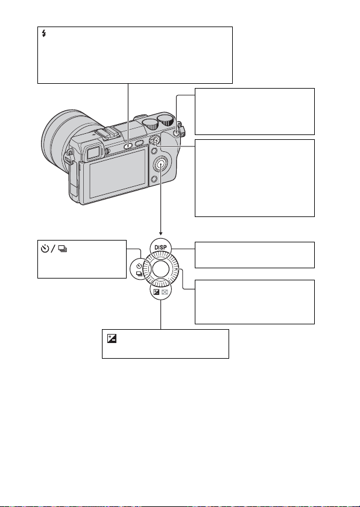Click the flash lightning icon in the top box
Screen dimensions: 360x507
(x=44, y=33)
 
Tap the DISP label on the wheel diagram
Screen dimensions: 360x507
(x=160, y=248)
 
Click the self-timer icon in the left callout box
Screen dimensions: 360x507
(x=45, y=248)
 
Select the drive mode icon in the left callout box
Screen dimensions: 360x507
(x=63, y=249)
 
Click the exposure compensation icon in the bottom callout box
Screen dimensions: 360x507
(x=112, y=339)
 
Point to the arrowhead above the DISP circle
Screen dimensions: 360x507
(x=161, y=233)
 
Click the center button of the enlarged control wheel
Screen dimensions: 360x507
(x=161, y=269)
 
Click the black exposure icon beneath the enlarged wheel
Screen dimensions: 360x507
(x=157, y=291)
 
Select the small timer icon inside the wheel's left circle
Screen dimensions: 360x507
(x=139, y=266)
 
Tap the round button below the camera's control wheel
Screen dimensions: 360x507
(x=154, y=178)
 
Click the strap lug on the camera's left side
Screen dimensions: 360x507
(x=68, y=157)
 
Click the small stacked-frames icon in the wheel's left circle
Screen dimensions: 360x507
(x=139, y=273)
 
